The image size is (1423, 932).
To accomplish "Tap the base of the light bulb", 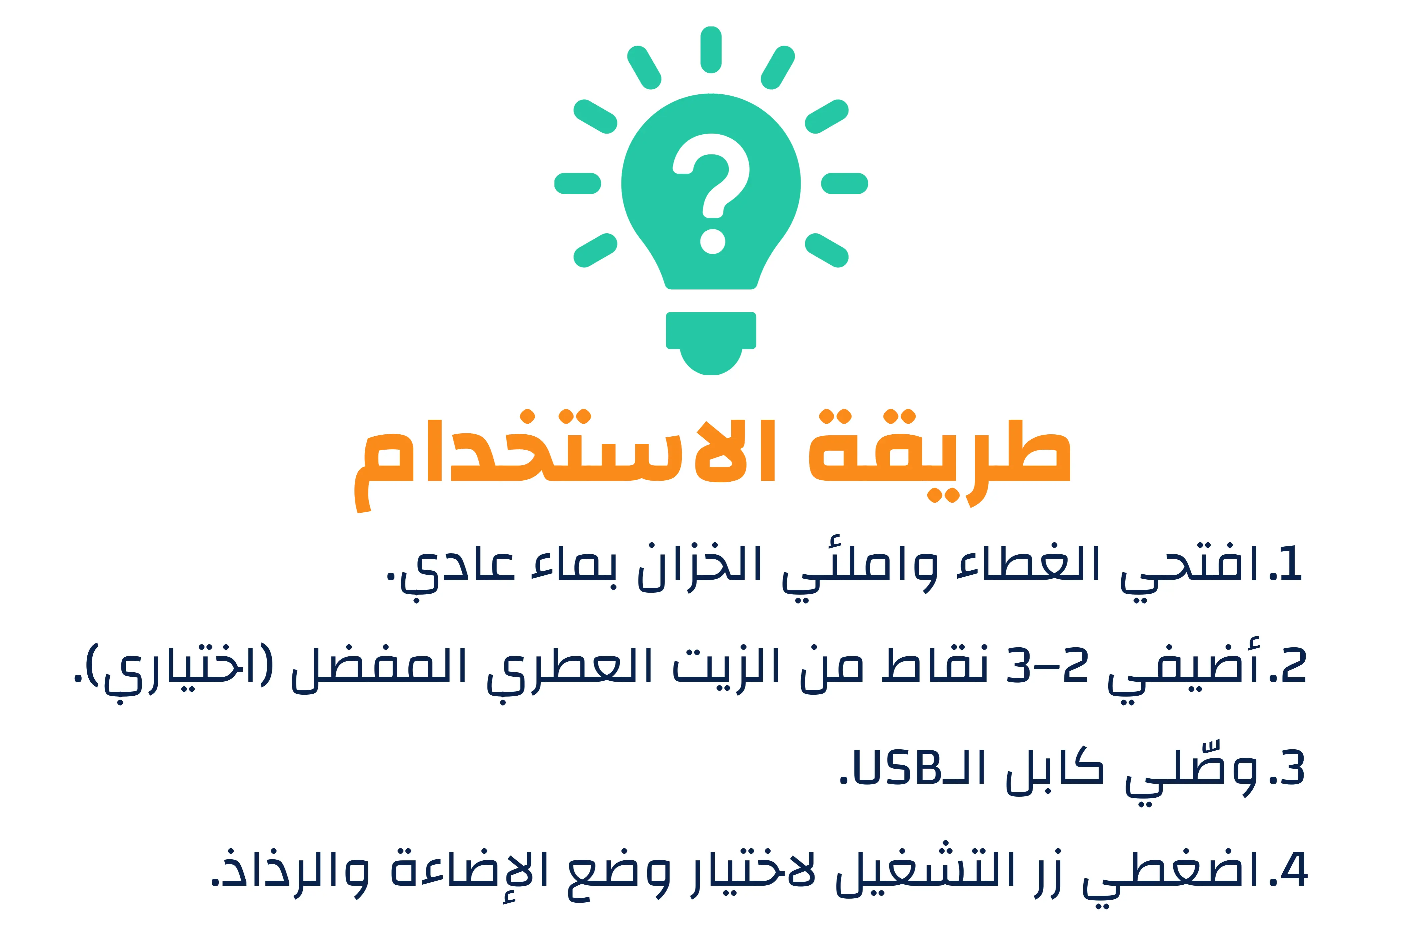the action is coord(711,343).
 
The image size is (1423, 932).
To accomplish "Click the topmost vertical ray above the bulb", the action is coord(711,50).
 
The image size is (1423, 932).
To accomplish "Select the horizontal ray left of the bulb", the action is coord(577,184).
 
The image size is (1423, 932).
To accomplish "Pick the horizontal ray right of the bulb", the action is coord(844,184).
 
